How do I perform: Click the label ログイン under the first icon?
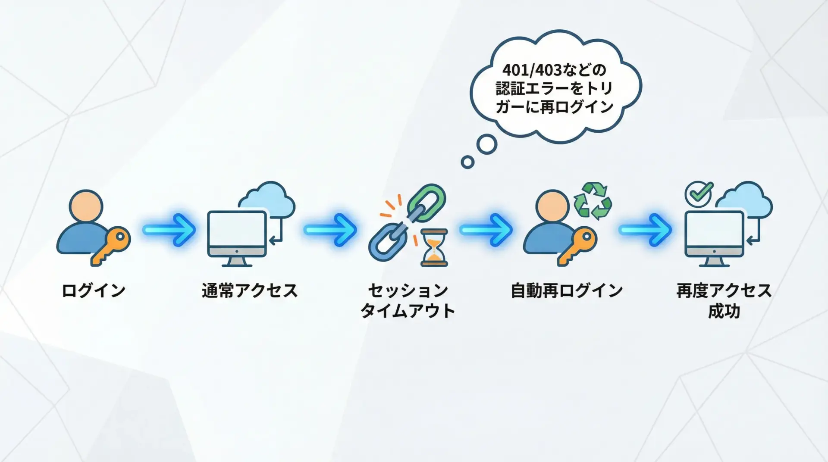click(94, 290)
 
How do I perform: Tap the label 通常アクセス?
click(250, 290)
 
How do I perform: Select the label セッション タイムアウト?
click(408, 300)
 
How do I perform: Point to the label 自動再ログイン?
click(567, 290)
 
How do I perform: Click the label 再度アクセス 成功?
click(724, 300)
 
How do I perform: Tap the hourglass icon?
click(434, 247)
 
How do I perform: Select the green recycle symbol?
click(593, 200)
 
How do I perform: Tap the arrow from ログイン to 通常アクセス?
click(169, 230)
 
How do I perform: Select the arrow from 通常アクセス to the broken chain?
click(330, 230)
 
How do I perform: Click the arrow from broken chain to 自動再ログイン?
click(486, 230)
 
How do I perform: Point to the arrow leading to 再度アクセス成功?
click(645, 230)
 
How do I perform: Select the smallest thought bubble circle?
click(467, 162)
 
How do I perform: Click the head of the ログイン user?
click(86, 206)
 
